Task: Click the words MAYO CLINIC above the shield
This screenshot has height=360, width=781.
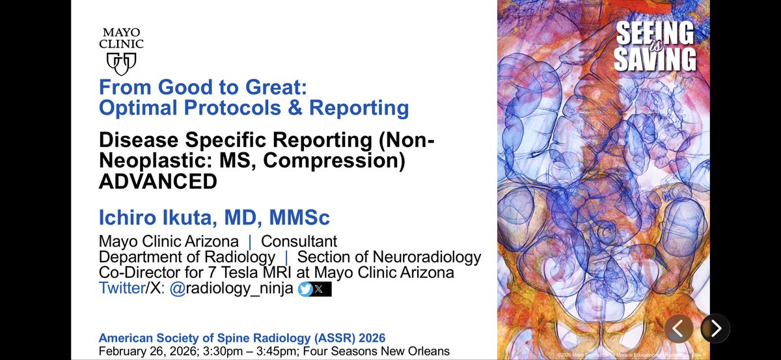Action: click(122, 38)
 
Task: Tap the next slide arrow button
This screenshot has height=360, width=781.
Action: click(715, 328)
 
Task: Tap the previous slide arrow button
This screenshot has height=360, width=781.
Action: click(678, 328)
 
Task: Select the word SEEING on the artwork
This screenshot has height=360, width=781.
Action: click(655, 33)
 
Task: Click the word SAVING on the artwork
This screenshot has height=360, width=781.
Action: click(655, 59)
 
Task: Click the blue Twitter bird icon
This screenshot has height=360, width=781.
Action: click(305, 290)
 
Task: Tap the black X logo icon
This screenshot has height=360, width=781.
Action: click(320, 290)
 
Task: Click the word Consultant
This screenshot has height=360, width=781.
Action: click(299, 240)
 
